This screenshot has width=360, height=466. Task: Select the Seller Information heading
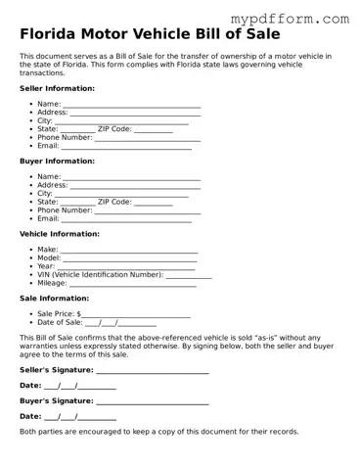click(57, 88)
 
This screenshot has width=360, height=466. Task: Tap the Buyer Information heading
click(57, 161)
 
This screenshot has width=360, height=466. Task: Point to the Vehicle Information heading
click(59, 234)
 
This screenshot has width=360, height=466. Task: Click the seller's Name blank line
click(131, 105)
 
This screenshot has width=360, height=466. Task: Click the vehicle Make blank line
click(128, 252)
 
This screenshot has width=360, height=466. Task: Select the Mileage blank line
click(132, 285)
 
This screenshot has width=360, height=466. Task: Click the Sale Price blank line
click(136, 315)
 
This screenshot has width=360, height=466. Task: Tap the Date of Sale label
click(60, 322)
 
